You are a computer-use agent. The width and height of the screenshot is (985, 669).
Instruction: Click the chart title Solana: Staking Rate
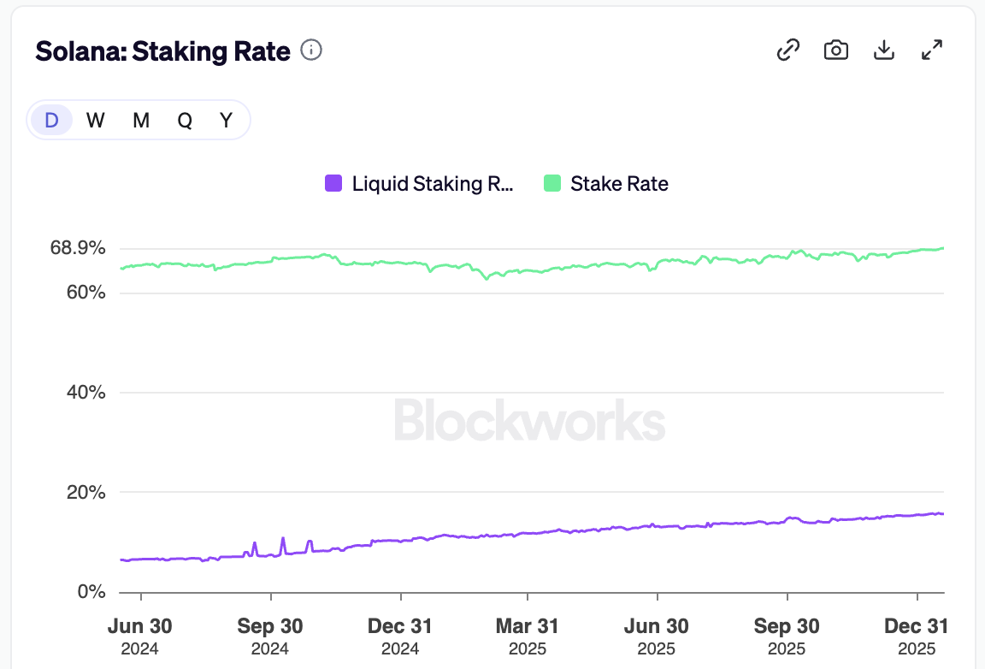(x=162, y=51)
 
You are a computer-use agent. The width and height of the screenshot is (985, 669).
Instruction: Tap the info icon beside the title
(x=312, y=51)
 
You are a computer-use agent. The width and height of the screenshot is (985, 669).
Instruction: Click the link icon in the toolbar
(x=787, y=50)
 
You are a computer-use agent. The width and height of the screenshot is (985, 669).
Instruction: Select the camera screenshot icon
(x=835, y=50)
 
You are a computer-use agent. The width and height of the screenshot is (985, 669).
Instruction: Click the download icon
(x=883, y=50)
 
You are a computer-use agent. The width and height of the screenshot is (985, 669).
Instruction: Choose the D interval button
(x=51, y=121)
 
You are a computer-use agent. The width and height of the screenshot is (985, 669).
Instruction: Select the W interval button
(x=96, y=121)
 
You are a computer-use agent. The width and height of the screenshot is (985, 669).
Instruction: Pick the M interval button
(x=141, y=121)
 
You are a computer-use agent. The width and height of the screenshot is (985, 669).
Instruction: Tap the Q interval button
(x=185, y=121)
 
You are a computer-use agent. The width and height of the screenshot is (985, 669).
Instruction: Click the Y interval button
(x=226, y=121)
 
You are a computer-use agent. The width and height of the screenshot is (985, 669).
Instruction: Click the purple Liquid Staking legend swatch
(x=333, y=183)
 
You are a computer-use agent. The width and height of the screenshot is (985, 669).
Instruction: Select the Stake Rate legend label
(x=619, y=183)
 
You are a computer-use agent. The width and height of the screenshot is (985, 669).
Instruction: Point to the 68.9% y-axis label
(x=78, y=248)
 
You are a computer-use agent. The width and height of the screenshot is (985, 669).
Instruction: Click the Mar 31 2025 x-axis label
(x=528, y=636)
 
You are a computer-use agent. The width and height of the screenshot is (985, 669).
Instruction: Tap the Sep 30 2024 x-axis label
(x=271, y=636)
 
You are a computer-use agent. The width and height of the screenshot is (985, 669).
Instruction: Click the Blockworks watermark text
(x=529, y=421)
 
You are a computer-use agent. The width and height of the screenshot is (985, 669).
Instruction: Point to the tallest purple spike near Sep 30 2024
(x=283, y=539)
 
